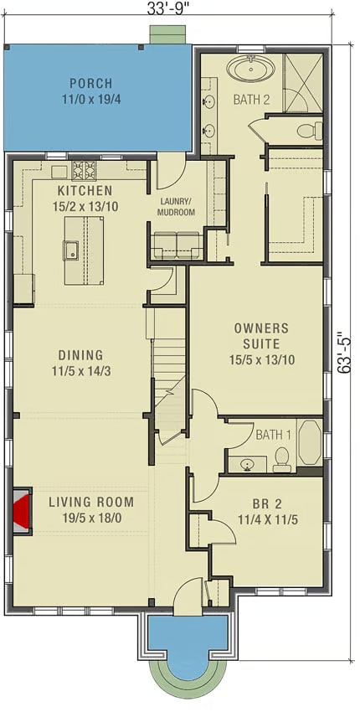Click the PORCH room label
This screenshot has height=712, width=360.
(92, 84)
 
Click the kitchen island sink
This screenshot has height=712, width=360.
(72, 250)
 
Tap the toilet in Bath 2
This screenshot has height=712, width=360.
(310, 131)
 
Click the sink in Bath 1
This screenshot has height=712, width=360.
(246, 463)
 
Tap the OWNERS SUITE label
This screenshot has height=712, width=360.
(261, 336)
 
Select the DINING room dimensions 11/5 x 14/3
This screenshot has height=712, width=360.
(81, 370)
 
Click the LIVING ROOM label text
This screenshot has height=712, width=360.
(90, 503)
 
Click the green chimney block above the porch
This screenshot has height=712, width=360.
(167, 34)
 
